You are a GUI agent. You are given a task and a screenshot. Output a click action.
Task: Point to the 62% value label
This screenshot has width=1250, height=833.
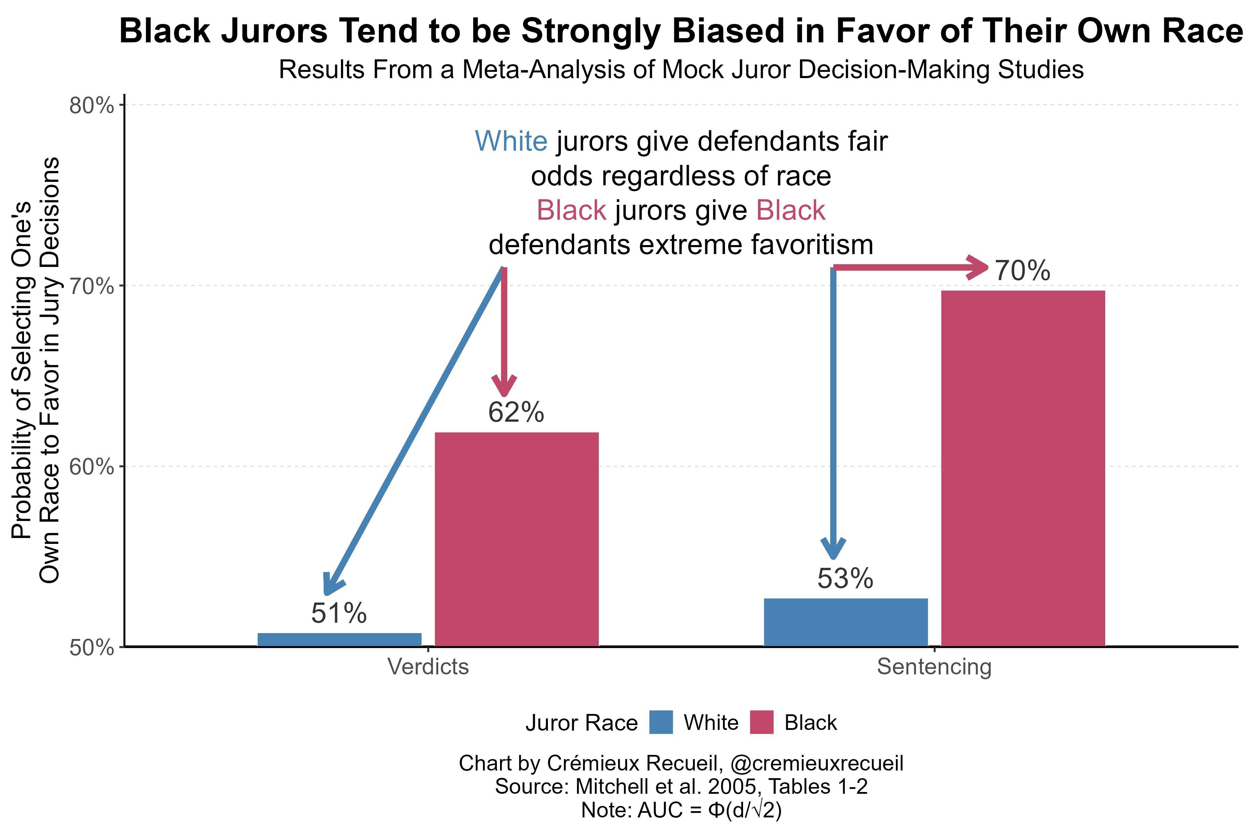click(516, 412)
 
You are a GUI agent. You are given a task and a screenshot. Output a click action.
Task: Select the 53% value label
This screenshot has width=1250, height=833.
click(845, 579)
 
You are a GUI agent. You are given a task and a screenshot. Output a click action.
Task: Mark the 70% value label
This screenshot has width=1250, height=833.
click(1022, 271)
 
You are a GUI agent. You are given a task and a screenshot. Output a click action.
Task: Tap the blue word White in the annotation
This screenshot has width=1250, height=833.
click(511, 141)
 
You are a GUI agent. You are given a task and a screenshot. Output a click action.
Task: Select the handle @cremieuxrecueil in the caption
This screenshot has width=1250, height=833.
click(817, 763)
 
